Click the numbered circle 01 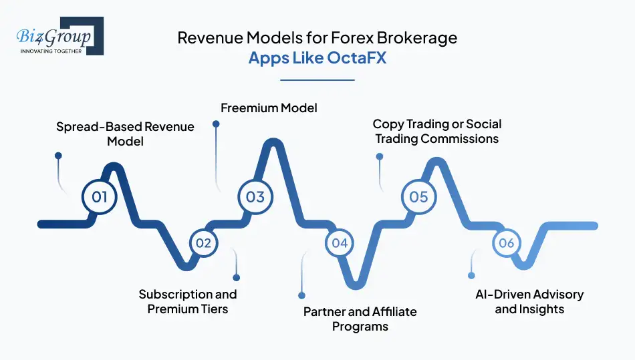point(100,197)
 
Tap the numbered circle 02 point(203,243)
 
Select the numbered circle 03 point(255,197)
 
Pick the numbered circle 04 point(340,243)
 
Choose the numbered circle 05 point(418,197)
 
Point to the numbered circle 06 point(507,243)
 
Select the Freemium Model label point(269,108)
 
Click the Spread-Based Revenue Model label point(125,134)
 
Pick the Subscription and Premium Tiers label point(188,301)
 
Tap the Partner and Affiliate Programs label point(360,319)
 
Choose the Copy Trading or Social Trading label point(436,131)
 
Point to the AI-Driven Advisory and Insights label point(529,301)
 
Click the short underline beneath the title point(317,80)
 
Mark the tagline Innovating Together point(51,51)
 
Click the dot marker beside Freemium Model point(216,124)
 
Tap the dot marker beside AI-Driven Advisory point(471,275)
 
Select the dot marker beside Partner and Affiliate point(301,295)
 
